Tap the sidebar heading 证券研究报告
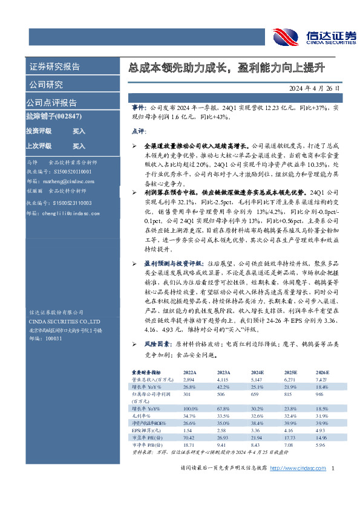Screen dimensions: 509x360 (x=54, y=66)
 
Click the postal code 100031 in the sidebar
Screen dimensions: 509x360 (x=54, y=339)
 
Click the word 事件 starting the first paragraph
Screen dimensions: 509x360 (x=139, y=106)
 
